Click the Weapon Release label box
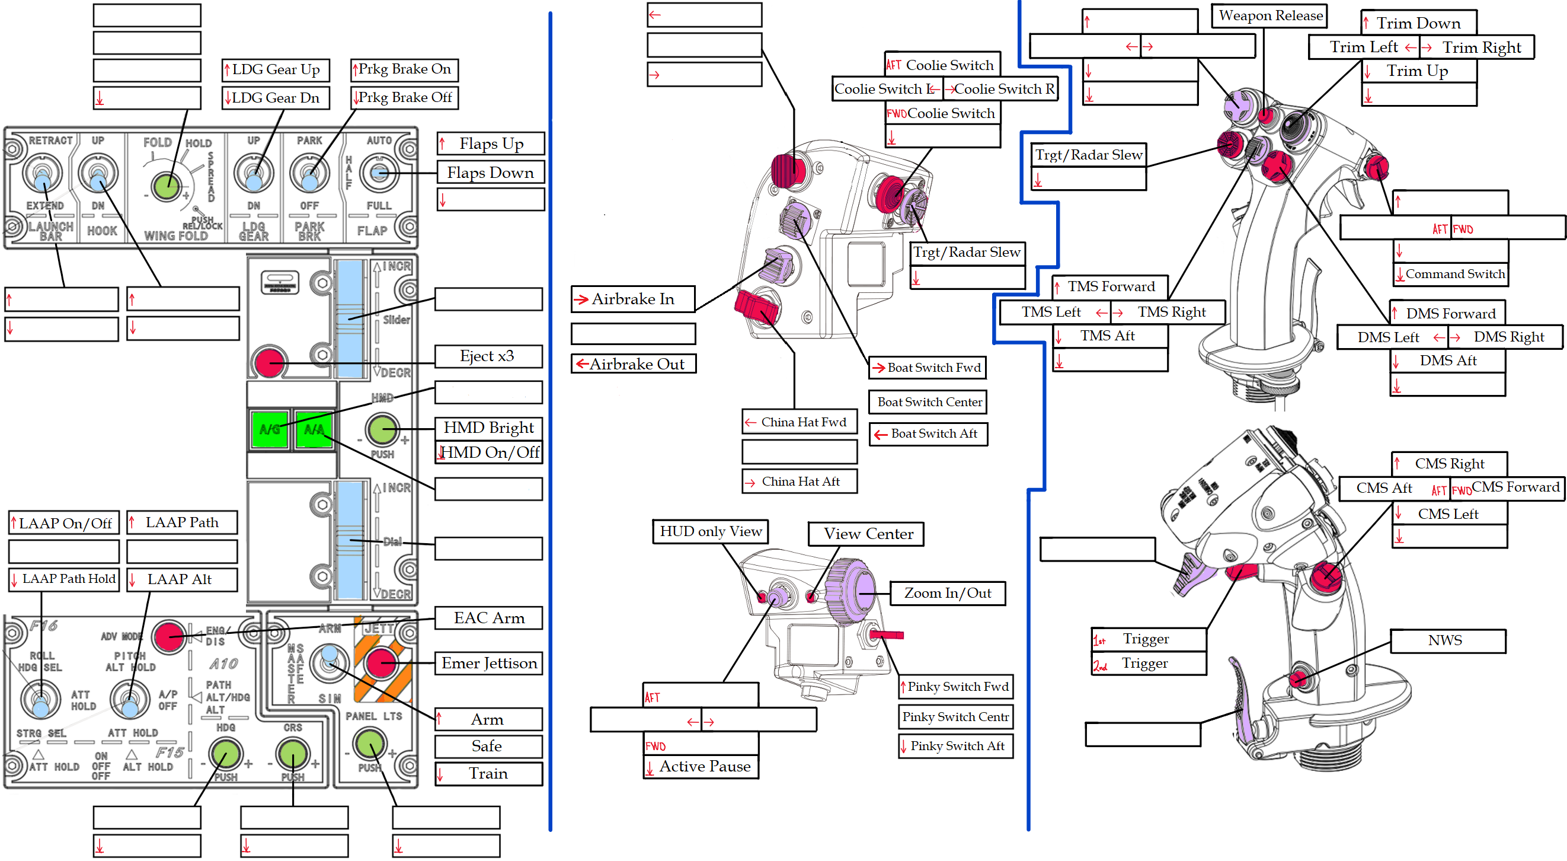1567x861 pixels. point(1270,16)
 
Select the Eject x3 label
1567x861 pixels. point(488,356)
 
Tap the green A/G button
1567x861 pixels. point(270,429)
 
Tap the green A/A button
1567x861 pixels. point(314,429)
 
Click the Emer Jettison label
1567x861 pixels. point(488,662)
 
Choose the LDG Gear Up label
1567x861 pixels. point(276,70)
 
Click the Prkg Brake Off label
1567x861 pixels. point(405,97)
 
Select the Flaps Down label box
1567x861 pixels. point(490,173)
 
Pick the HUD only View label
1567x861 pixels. point(711,531)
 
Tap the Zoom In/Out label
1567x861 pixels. point(947,592)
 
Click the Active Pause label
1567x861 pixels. point(705,766)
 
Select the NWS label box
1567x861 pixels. point(1447,640)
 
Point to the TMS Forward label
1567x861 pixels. point(1110,286)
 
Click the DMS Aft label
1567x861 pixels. point(1448,360)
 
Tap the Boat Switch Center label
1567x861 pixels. point(929,401)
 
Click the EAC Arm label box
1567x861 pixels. point(488,618)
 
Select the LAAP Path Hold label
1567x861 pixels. point(65,579)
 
